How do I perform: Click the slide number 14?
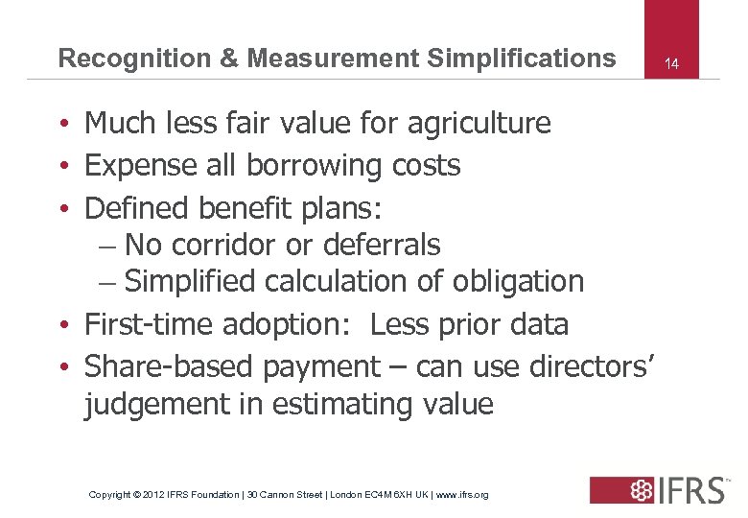pos(672,64)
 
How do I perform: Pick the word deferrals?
pos(382,246)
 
